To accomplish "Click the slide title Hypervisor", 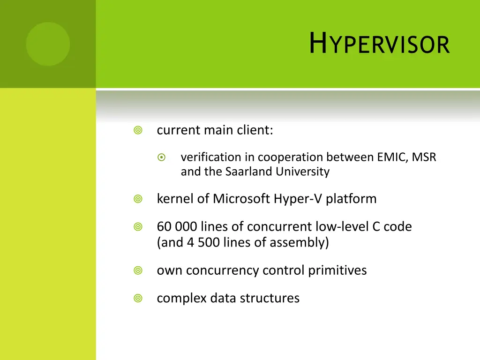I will coord(379,44).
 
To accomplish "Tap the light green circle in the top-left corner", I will coord(48,44).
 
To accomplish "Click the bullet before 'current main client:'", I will coord(138,130).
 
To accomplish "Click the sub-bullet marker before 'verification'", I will coord(161,157).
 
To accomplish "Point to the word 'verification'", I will coord(204,157).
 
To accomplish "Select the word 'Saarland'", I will coord(249,172).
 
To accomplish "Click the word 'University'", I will coord(302,172).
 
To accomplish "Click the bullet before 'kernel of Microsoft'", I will coord(138,199).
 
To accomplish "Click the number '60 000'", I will coord(177,227).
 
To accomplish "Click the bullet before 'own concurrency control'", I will coord(138,270).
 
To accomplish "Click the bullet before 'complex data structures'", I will coord(138,298).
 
